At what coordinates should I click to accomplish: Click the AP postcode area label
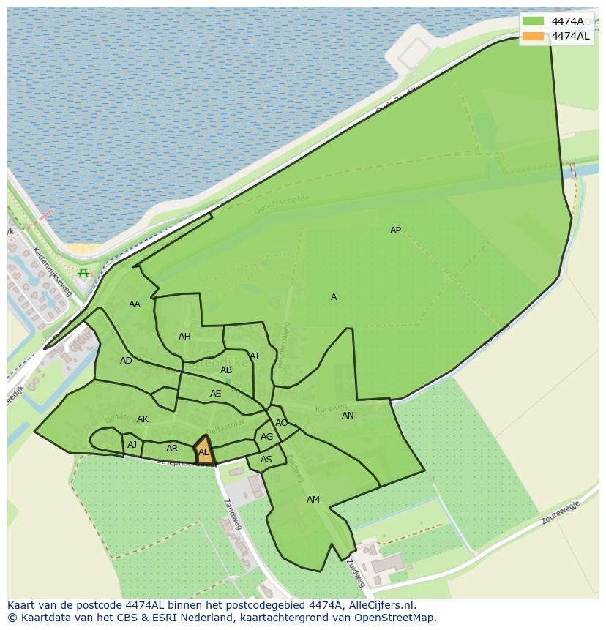pyautogui.click(x=395, y=230)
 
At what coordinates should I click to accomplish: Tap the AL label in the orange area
pyautogui.click(x=203, y=452)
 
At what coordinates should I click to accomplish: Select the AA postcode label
pyautogui.click(x=135, y=304)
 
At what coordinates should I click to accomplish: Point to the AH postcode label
pyautogui.click(x=184, y=337)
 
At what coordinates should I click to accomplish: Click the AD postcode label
pyautogui.click(x=127, y=361)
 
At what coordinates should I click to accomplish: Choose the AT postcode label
pyautogui.click(x=255, y=356)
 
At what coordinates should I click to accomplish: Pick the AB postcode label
pyautogui.click(x=226, y=370)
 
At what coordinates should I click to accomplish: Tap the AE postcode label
pyautogui.click(x=215, y=394)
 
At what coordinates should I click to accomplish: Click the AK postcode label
pyautogui.click(x=143, y=419)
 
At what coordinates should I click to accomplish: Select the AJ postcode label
pyautogui.click(x=132, y=445)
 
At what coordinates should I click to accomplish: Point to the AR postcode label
pyautogui.click(x=172, y=449)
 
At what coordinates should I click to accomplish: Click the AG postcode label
pyautogui.click(x=266, y=437)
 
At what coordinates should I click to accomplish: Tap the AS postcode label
pyautogui.click(x=266, y=460)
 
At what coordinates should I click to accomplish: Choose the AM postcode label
pyautogui.click(x=313, y=500)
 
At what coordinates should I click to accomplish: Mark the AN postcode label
pyautogui.click(x=348, y=416)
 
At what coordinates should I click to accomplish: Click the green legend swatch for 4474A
pyautogui.click(x=534, y=21)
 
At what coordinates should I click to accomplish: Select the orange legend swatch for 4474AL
pyautogui.click(x=534, y=36)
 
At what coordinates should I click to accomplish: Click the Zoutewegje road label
pyautogui.click(x=560, y=512)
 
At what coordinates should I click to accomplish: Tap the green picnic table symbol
pyautogui.click(x=83, y=273)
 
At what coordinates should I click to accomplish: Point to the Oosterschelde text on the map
pyautogui.click(x=282, y=205)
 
